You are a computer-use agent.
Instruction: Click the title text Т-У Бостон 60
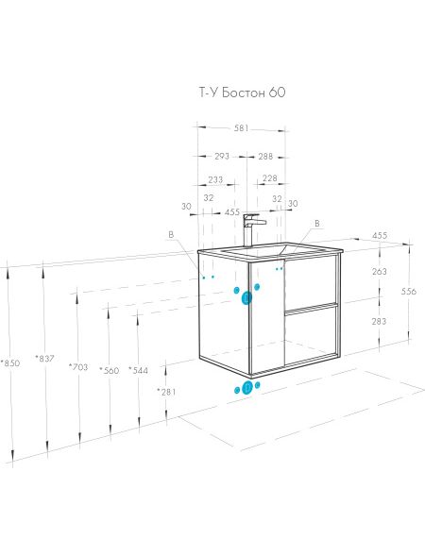pos(242,93)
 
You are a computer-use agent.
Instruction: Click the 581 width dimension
pos(241,128)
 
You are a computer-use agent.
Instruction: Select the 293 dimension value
pos(222,156)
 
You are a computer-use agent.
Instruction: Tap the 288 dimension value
pos(265,156)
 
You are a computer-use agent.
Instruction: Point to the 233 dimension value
pos(215,179)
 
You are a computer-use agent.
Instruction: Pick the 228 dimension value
pos(269,178)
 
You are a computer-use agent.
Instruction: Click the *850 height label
pos(10,363)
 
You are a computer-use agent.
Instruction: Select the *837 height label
pos(44,359)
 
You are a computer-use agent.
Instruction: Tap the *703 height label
pos(78,367)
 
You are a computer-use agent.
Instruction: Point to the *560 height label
pos(110,371)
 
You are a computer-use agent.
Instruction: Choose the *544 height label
pos(138,371)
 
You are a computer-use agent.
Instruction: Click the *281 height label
pos(166,392)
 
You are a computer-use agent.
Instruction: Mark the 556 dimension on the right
pos(408,292)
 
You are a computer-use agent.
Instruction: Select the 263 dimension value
pos(380,272)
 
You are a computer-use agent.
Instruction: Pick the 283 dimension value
pos(380,321)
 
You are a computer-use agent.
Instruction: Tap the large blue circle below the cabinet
pos(246,388)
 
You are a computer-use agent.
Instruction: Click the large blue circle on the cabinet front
pos(246,298)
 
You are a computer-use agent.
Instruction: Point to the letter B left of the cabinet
pos(171,234)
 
